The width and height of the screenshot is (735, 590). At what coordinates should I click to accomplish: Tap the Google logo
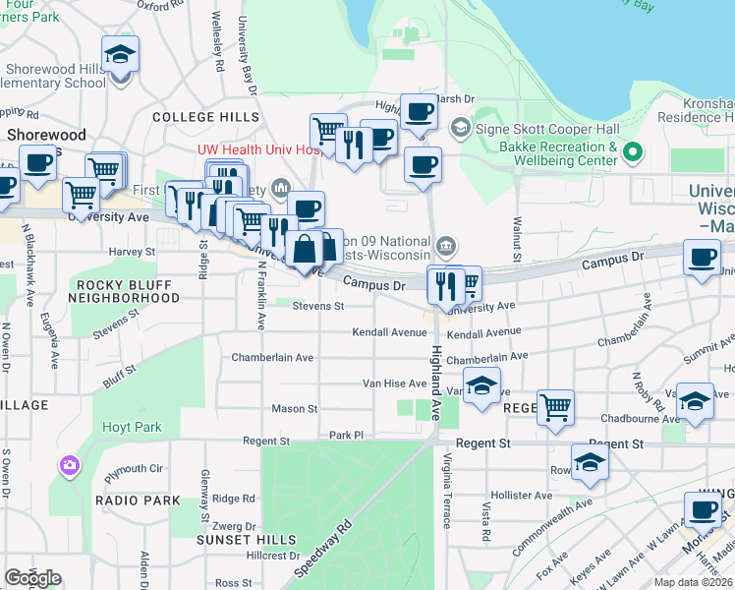pyautogui.click(x=32, y=577)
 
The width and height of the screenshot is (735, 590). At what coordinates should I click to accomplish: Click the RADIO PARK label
pyautogui.click(x=138, y=501)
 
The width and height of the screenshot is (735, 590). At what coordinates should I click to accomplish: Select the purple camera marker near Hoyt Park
pyautogui.click(x=70, y=464)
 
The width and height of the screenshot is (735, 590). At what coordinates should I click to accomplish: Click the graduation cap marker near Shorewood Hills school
pyautogui.click(x=120, y=55)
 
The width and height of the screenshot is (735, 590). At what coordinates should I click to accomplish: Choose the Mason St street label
pyautogui.click(x=295, y=408)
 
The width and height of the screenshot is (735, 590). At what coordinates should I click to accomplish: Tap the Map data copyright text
pyautogui.click(x=694, y=582)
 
